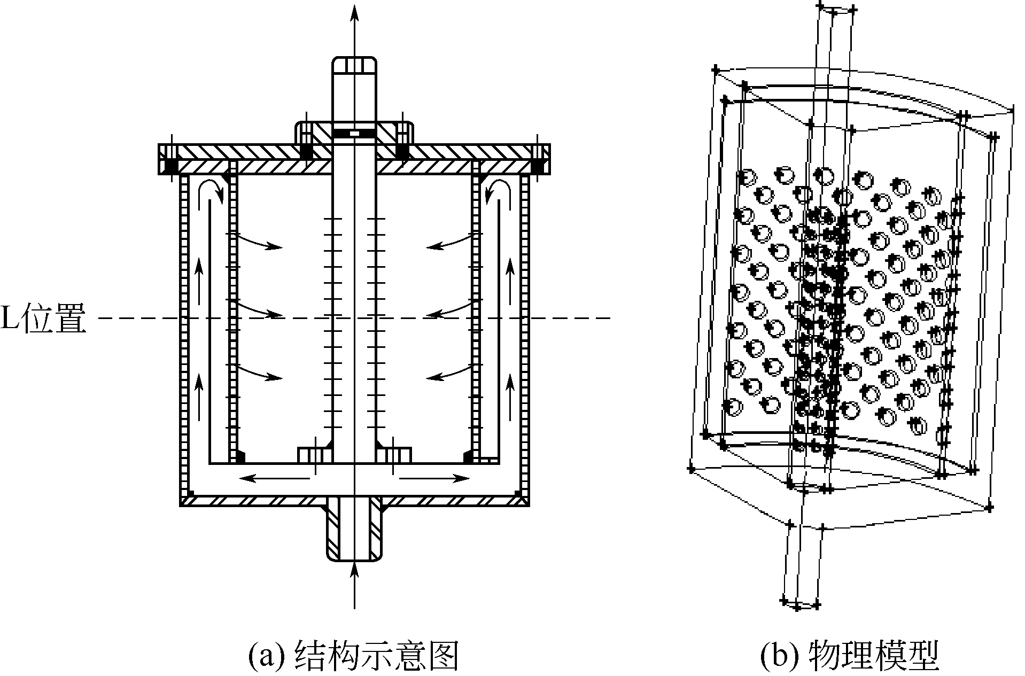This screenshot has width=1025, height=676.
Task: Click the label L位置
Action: pyautogui.click(x=43, y=320)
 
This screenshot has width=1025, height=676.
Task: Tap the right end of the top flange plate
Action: pyautogui.click(x=541, y=159)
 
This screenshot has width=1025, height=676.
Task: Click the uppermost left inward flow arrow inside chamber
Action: pyautogui.click(x=259, y=241)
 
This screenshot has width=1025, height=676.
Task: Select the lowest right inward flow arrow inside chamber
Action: pyautogui.click(x=449, y=372)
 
